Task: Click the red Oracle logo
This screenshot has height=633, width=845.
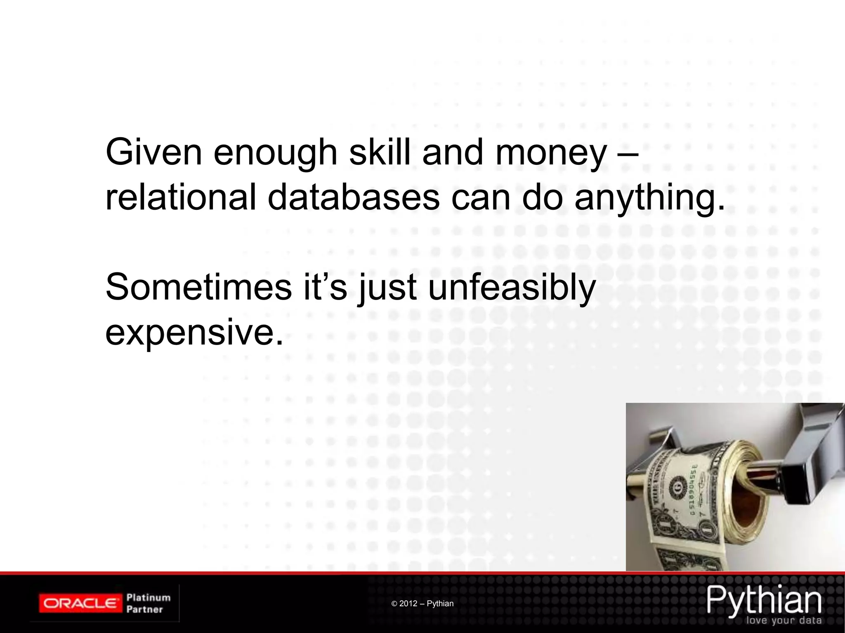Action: click(x=80, y=603)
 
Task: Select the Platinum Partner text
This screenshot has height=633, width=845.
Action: click(x=148, y=603)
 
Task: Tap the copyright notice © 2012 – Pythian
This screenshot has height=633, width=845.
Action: click(x=422, y=604)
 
